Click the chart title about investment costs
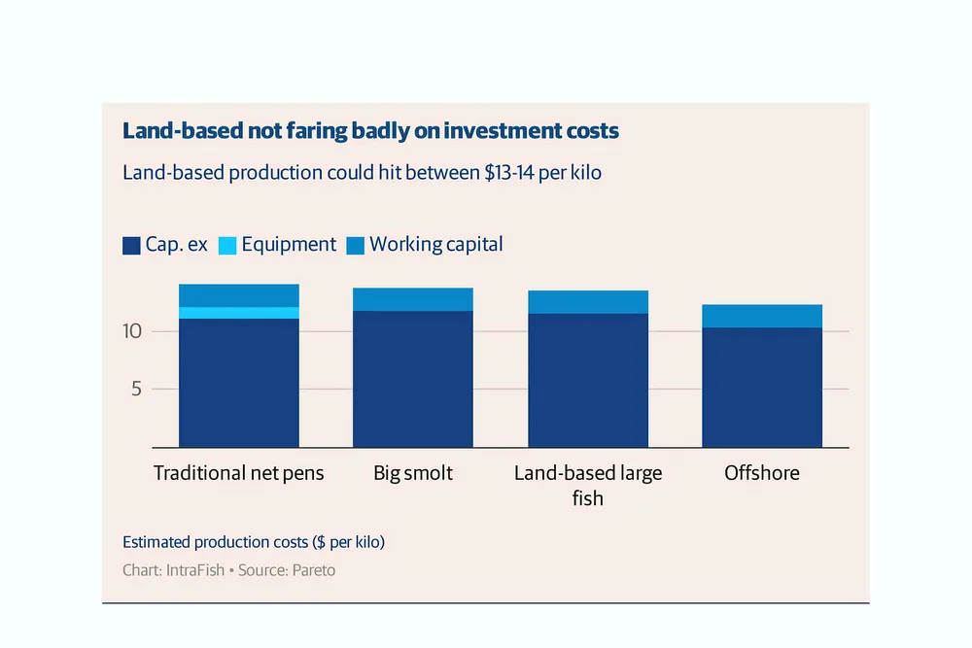point(370,131)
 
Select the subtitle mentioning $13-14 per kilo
point(363,173)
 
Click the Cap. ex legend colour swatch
point(131,246)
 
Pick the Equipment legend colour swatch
point(227,246)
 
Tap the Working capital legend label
point(436,245)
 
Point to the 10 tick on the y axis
point(132,331)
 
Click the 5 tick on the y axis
point(137,389)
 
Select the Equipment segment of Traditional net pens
point(239,313)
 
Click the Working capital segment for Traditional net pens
point(239,295)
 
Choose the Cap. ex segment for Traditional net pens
point(239,383)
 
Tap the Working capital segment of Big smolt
point(413,299)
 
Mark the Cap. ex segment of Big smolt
point(413,379)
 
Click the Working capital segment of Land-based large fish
point(588,302)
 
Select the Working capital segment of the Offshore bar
point(762,316)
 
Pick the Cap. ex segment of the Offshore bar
point(762,387)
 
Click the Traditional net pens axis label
point(239,474)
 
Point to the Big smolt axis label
point(413,474)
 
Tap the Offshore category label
point(762,474)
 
